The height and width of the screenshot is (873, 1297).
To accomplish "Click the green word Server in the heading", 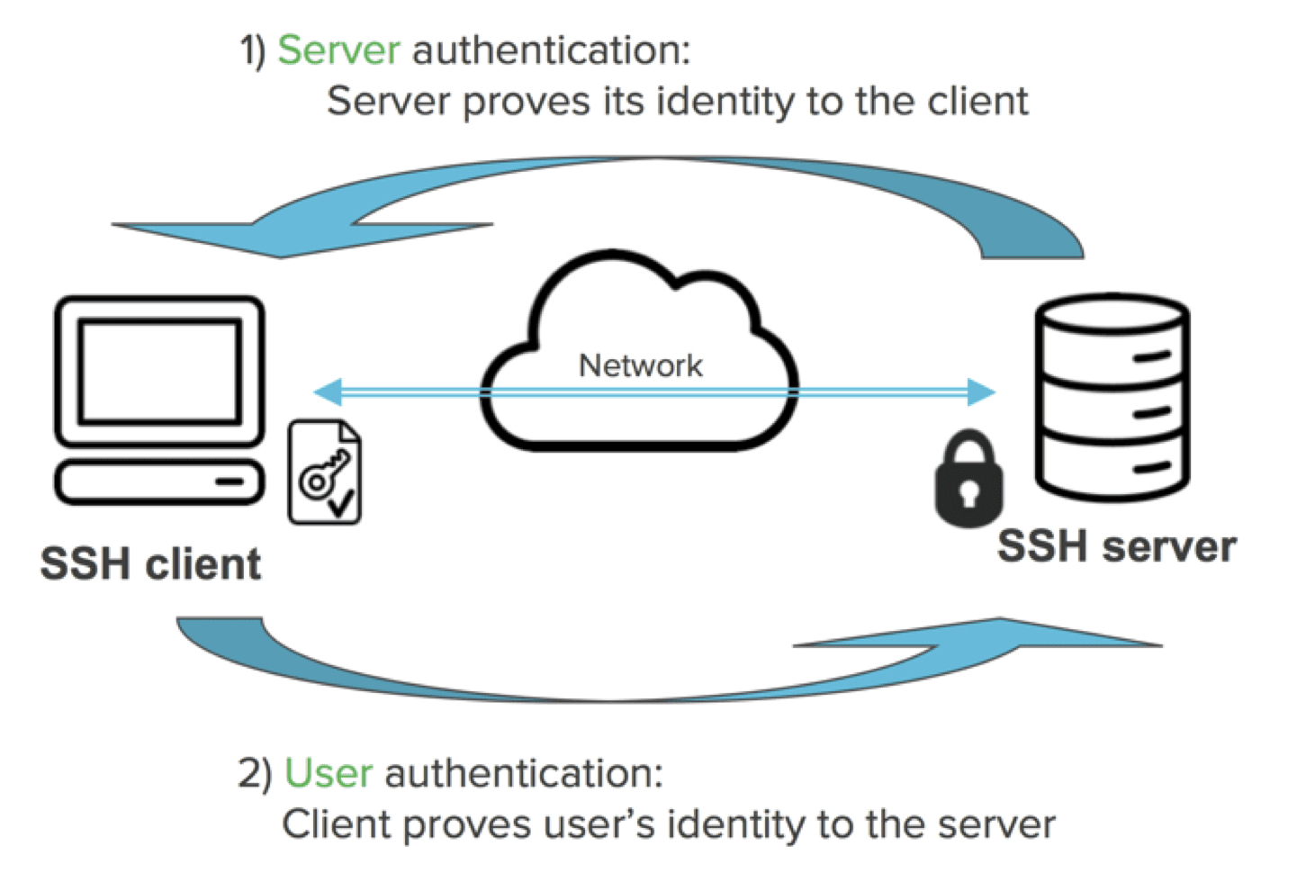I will (x=338, y=50).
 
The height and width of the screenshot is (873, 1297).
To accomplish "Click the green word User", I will (x=329, y=774).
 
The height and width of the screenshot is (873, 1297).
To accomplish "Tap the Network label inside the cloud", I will (x=640, y=365).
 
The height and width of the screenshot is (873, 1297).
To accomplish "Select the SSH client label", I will (x=150, y=564).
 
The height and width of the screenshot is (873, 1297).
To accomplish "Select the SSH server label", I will (x=1116, y=546).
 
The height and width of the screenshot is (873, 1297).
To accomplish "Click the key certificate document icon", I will (x=325, y=472).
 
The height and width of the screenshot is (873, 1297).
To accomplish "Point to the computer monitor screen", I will (x=159, y=371).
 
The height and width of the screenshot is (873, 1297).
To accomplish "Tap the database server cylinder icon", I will (x=1112, y=396).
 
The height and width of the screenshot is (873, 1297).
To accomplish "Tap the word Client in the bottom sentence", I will (x=334, y=825).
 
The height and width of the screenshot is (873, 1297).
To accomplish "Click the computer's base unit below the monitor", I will (x=159, y=481).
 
